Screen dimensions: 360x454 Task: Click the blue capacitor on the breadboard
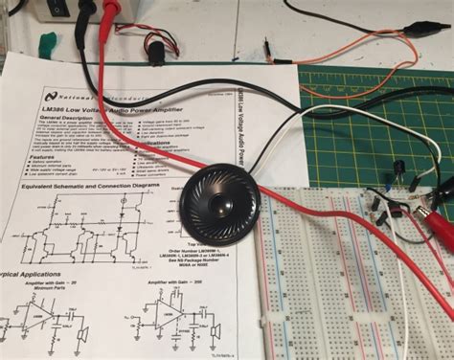pyautogui.click(x=396, y=171)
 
